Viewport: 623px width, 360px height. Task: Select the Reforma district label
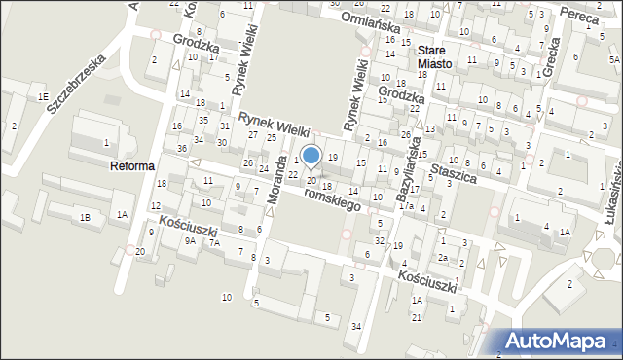[x=132, y=166]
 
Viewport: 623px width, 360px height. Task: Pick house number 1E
[x=43, y=97]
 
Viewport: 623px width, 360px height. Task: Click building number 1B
[x=85, y=217]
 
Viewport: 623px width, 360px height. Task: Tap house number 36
[x=182, y=148]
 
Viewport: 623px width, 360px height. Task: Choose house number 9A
[x=191, y=239]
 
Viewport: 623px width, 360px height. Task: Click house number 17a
[x=409, y=205]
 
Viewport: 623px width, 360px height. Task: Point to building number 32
[x=380, y=240]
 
